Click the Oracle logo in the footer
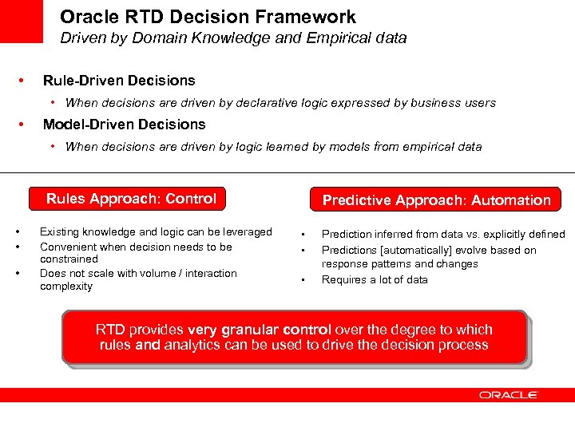[509, 394]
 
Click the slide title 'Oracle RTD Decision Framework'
[208, 17]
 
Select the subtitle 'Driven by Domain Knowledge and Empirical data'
[234, 38]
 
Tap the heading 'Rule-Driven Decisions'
[118, 81]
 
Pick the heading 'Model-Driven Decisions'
[124, 125]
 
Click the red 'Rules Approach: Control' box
[132, 199]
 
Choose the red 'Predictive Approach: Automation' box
[436, 200]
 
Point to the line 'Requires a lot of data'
[375, 279]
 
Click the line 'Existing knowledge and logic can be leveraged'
[156, 232]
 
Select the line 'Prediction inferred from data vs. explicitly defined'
[442, 235]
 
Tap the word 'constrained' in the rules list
[69, 259]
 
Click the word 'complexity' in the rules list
[66, 287]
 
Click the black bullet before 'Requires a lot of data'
[303, 280]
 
